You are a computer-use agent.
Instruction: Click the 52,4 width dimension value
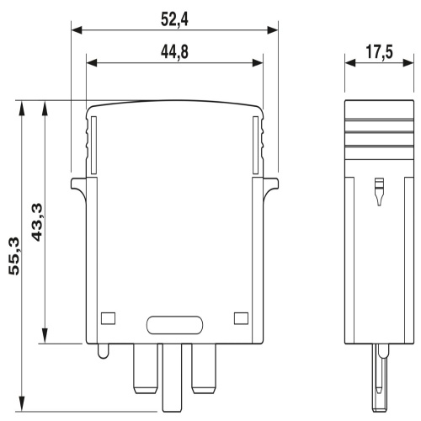(174, 16)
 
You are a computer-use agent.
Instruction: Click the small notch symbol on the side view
(376, 194)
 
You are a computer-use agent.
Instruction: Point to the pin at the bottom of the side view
(376, 375)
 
